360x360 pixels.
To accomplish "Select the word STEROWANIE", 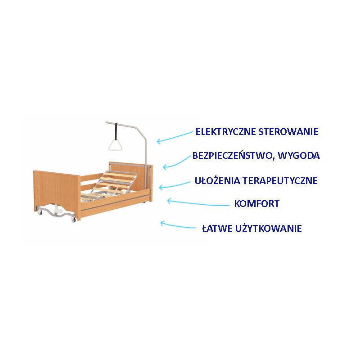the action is click(x=288, y=132).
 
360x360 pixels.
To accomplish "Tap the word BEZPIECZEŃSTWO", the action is click(x=233, y=156).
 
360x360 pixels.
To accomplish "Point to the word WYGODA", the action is click(x=299, y=156).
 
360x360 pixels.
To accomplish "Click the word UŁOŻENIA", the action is click(x=217, y=181).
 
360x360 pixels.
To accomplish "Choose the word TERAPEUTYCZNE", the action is click(x=280, y=181).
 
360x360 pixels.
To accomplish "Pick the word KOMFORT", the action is click(x=256, y=204).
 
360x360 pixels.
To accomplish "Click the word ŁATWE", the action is click(x=217, y=229).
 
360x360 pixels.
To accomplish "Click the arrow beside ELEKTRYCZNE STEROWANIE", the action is click(x=175, y=137).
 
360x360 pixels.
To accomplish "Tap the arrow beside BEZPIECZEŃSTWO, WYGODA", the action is click(x=177, y=162).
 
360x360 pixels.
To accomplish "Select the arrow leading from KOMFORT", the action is click(x=198, y=202).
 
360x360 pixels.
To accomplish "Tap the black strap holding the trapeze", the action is click(x=116, y=131).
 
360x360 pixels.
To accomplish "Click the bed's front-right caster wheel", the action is click(x=73, y=220).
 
